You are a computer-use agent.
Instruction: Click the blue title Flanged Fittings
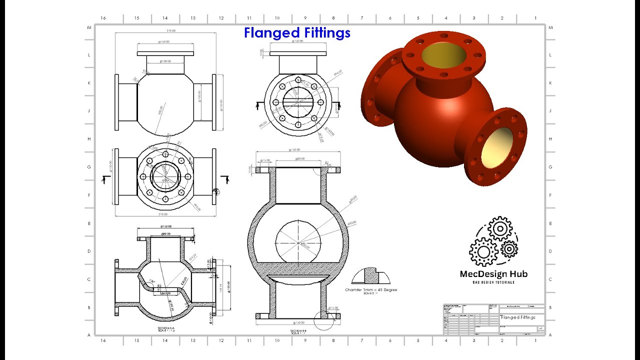click(297, 33)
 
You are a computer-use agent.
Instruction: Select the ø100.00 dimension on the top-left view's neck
click(165, 61)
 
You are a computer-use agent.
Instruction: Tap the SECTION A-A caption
click(165, 329)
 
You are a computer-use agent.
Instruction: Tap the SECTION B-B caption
click(298, 331)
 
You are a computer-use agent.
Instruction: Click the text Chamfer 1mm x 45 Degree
click(371, 289)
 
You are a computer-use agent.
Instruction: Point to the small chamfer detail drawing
click(371, 275)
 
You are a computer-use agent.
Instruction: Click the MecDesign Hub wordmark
click(493, 273)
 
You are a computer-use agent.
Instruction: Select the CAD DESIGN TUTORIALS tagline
click(493, 282)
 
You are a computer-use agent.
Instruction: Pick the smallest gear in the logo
click(509, 248)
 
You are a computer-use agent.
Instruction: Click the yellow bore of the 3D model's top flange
click(444, 54)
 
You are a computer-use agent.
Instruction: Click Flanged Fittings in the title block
click(518, 317)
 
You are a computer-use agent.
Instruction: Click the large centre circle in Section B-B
click(298, 243)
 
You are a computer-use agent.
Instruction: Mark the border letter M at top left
click(89, 27)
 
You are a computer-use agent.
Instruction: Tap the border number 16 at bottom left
click(103, 340)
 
